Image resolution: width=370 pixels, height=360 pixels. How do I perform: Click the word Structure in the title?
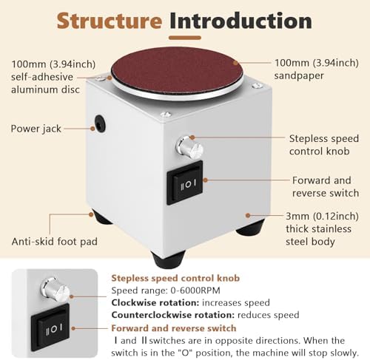click(110, 21)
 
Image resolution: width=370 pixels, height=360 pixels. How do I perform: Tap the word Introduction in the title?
click(240, 21)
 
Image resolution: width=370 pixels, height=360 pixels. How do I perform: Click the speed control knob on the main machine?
click(189, 148)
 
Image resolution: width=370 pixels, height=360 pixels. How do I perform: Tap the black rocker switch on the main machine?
click(185, 183)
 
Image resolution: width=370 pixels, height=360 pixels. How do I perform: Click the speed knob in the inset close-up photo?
click(55, 290)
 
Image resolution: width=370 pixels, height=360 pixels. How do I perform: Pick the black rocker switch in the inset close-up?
click(50, 327)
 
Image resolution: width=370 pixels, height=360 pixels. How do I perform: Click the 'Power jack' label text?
click(36, 129)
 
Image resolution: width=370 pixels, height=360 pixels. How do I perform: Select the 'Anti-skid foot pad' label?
click(55, 242)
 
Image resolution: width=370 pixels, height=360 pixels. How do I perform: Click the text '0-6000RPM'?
click(195, 291)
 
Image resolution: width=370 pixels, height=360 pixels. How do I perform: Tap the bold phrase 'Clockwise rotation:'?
click(155, 302)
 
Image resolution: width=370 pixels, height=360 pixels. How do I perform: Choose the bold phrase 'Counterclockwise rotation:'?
click(173, 315)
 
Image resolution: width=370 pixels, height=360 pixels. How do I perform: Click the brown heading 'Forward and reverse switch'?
click(174, 328)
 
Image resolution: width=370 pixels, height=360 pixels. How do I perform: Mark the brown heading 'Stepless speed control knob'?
click(175, 278)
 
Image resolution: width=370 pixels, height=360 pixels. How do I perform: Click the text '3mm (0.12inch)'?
click(322, 217)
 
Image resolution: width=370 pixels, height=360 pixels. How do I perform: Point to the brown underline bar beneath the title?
click(185, 38)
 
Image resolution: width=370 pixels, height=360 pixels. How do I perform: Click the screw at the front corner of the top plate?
click(166, 115)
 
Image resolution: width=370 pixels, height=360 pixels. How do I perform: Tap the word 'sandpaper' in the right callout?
click(299, 75)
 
